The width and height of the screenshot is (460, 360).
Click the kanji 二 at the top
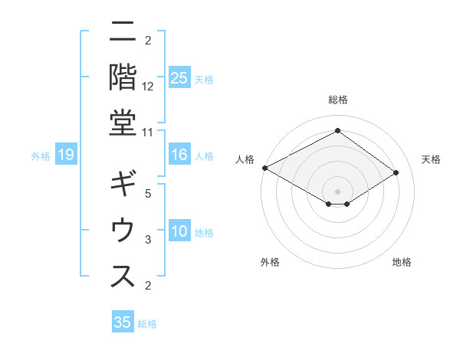123,33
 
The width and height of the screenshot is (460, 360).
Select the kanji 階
123,76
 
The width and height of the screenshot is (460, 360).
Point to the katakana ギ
123,186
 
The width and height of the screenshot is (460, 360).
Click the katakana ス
123,276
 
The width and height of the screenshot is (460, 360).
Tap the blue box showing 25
179,78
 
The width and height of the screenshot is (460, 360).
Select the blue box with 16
179,155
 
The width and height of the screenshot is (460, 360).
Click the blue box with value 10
179,232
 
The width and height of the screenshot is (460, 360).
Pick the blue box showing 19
66,155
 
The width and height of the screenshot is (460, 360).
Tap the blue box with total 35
123,322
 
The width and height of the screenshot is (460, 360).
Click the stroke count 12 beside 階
148,86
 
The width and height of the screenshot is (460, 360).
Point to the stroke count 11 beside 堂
148,132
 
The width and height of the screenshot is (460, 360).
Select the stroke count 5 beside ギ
148,193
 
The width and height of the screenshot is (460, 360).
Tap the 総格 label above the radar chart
337,100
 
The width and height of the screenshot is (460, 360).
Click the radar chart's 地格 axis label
402,262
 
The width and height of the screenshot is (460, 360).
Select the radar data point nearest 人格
264,167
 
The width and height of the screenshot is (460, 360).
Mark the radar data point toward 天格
396,172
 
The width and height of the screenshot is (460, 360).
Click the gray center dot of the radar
337,191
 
